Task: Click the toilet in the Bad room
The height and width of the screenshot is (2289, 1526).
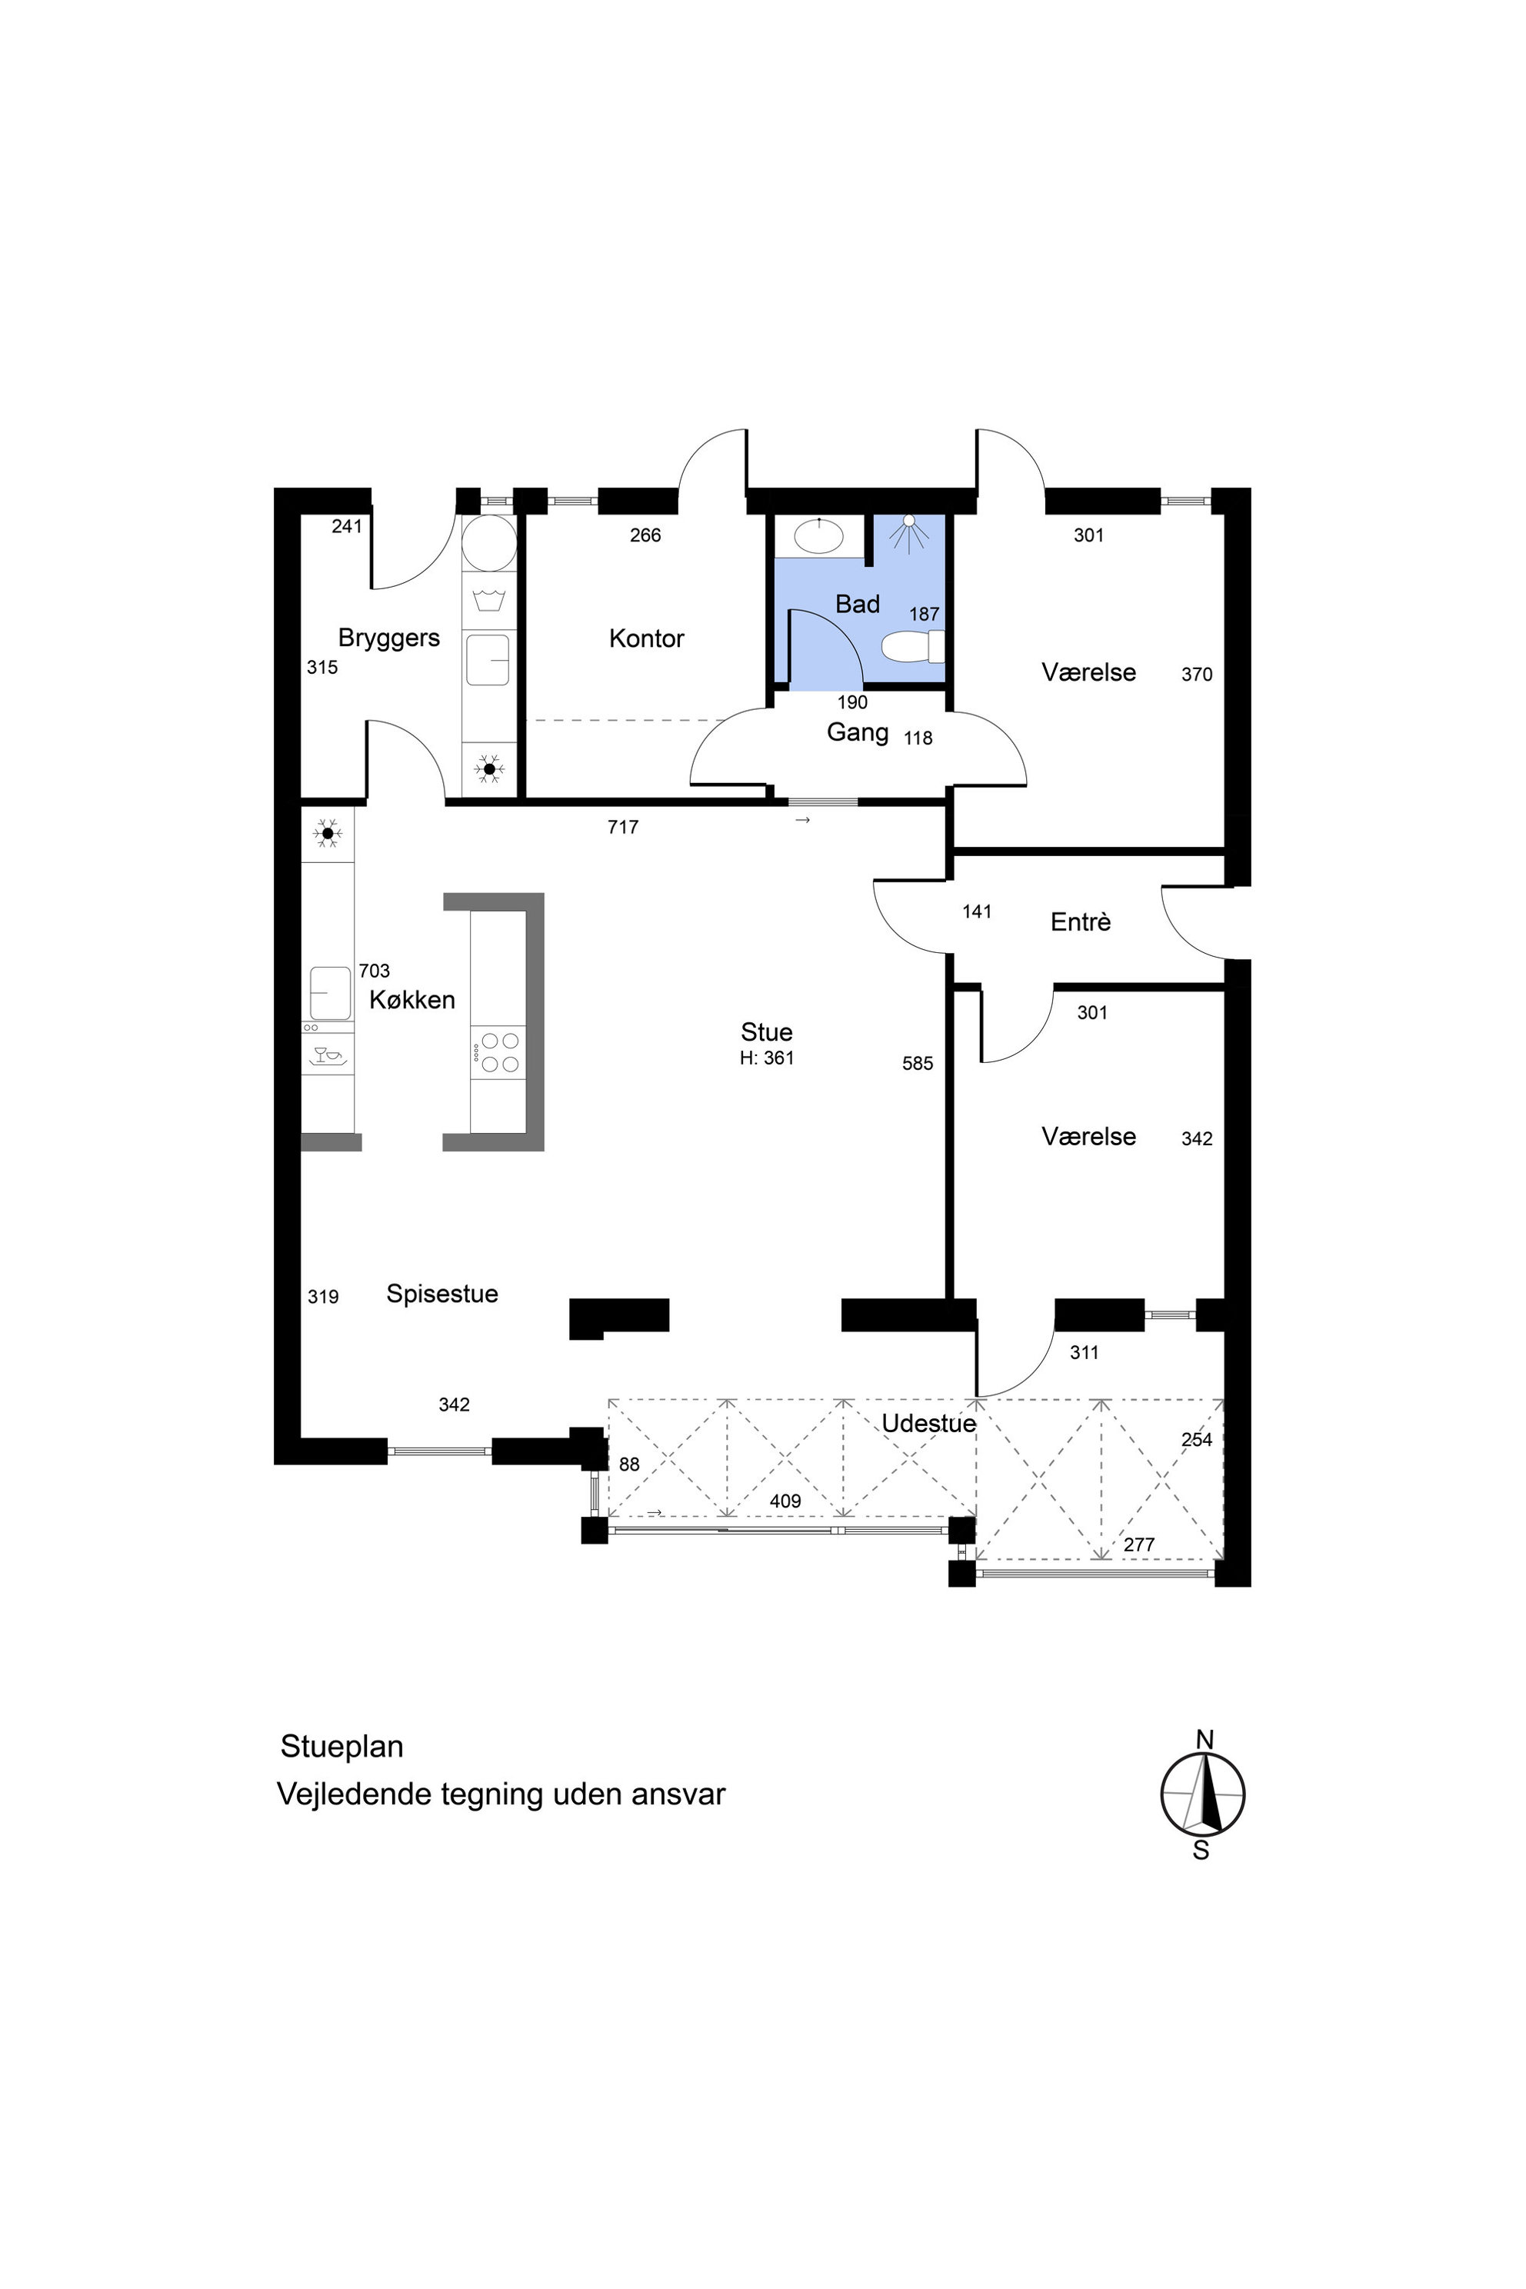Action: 913,646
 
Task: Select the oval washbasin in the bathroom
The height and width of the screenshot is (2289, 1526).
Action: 818,535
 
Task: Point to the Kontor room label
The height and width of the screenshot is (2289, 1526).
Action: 646,638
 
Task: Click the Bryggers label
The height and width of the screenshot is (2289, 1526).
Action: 388,638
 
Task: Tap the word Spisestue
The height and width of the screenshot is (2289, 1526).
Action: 441,1294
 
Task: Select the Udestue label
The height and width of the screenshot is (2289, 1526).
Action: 928,1424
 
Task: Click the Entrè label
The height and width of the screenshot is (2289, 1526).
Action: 1080,921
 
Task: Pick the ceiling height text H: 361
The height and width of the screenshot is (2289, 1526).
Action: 767,1058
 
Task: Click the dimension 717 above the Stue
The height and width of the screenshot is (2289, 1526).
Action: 623,828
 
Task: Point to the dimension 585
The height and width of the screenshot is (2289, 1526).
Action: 918,1064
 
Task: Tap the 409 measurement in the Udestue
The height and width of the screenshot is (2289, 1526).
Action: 785,1501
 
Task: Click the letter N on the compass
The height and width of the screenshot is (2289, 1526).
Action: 1204,1739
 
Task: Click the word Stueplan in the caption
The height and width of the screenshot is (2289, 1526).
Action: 342,1747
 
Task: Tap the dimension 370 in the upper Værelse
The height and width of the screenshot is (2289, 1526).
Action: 1197,675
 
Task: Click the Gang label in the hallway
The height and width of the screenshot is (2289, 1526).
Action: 858,733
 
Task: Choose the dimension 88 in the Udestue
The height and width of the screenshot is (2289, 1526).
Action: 630,1464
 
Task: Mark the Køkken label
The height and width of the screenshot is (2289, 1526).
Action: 411,999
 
